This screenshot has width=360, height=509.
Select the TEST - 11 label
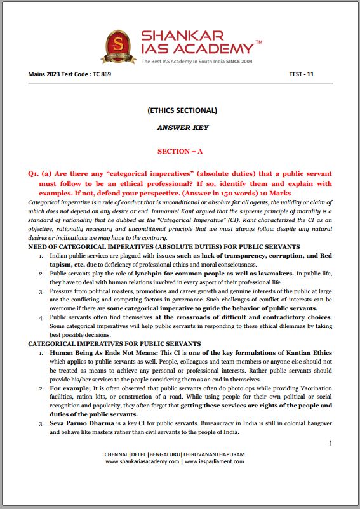[x=301, y=74]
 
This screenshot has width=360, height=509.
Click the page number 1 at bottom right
[x=330, y=444]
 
